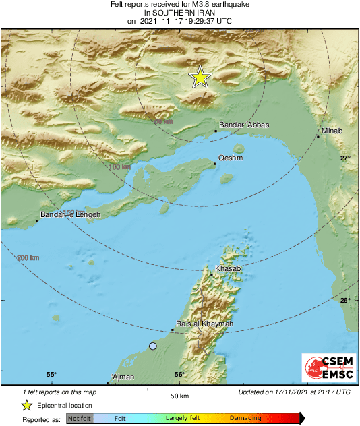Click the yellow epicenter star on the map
(200, 78)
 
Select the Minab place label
(332, 131)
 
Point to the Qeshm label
(231, 158)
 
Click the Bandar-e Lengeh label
(70, 215)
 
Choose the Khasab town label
(227, 269)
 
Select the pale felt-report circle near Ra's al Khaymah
(153, 346)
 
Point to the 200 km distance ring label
(28, 258)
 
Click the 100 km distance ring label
(119, 166)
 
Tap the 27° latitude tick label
(345, 158)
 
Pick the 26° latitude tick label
(345, 301)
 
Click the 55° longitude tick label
(51, 375)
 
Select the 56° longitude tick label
(179, 375)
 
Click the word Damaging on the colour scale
(245, 418)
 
